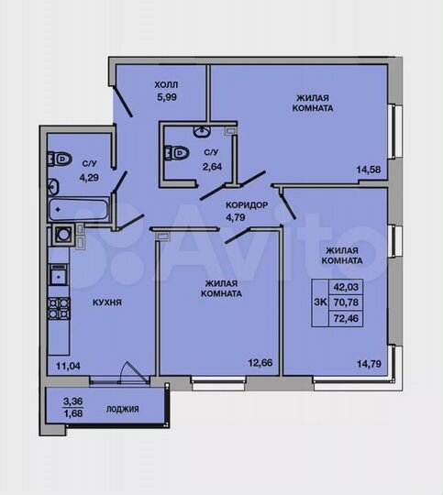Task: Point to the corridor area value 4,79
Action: click(238, 218)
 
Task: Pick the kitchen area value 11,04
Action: click(68, 367)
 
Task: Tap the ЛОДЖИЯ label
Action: click(122, 409)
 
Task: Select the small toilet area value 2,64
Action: click(212, 166)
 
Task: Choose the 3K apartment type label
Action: click(320, 300)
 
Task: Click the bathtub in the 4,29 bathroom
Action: click(78, 211)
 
